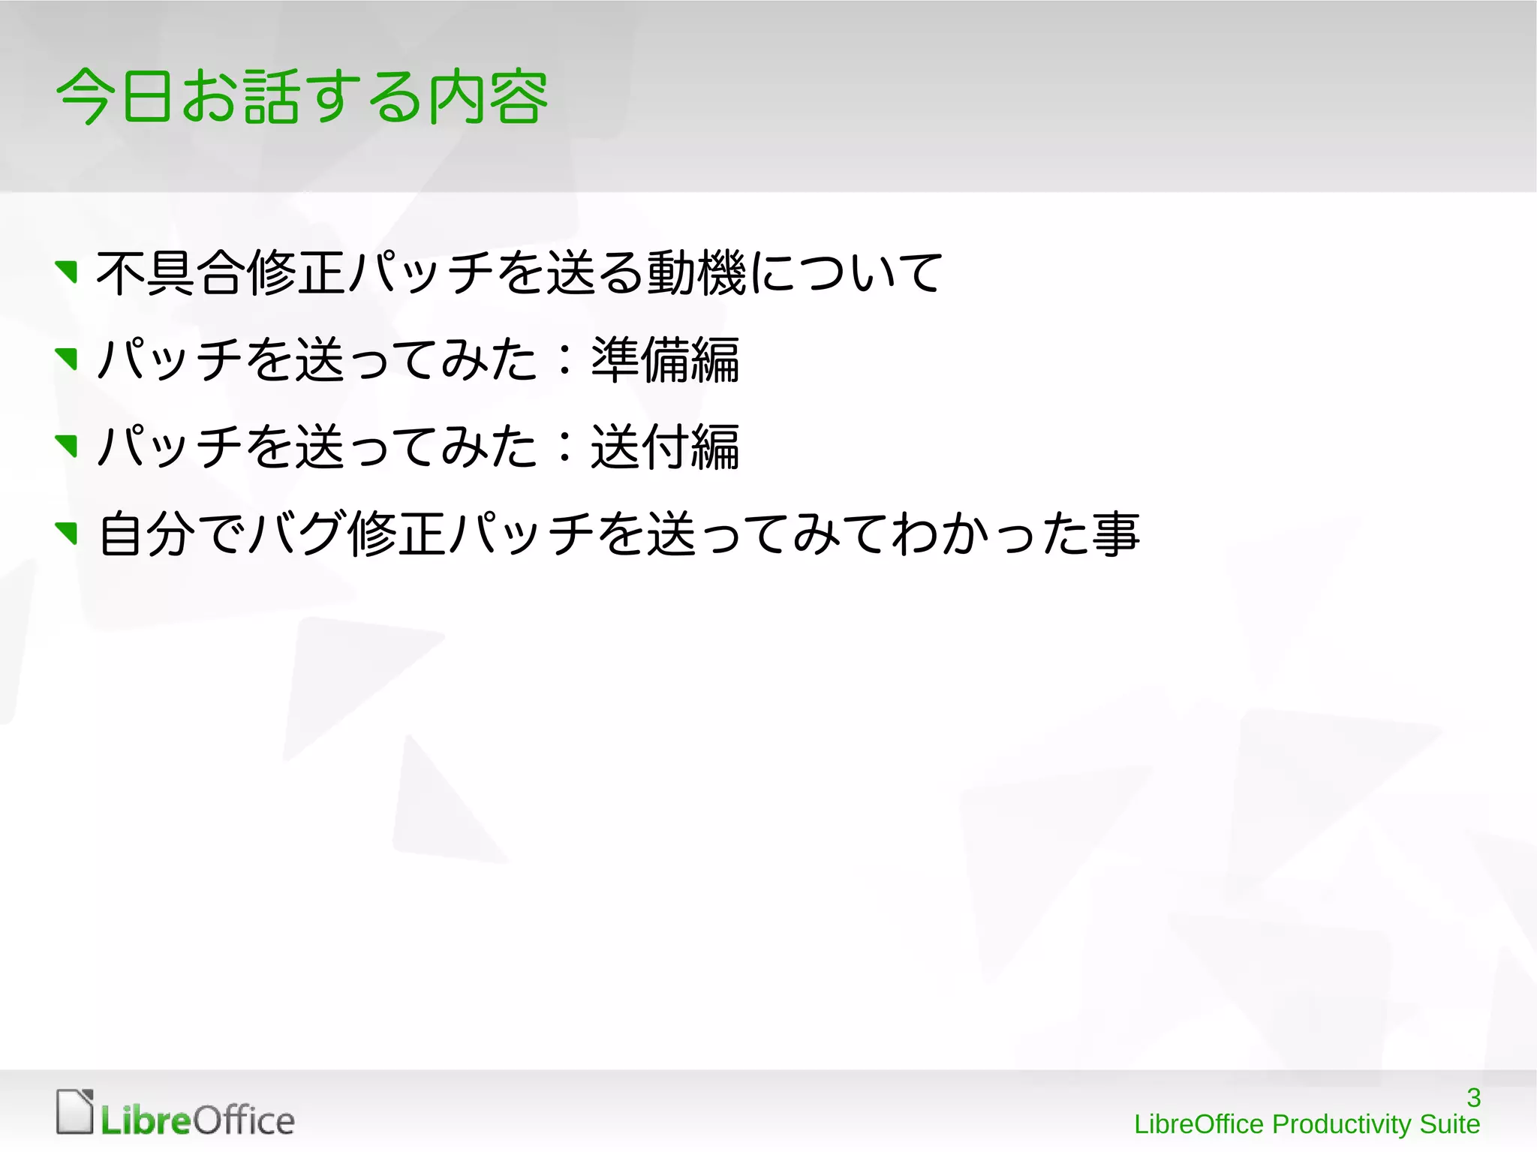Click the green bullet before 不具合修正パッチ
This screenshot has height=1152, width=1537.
click(68, 272)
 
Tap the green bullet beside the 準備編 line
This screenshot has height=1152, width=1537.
click(68, 359)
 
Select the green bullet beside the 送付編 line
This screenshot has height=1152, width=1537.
click(68, 446)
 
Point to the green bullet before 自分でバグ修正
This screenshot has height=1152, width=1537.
click(68, 534)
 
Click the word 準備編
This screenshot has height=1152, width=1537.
click(665, 360)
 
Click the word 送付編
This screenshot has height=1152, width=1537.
click(665, 447)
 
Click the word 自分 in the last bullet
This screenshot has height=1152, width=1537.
click(147, 534)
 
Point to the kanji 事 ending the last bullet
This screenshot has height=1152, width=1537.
click(1116, 534)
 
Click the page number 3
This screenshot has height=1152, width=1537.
click(1473, 1098)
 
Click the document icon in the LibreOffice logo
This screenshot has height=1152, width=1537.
click(75, 1111)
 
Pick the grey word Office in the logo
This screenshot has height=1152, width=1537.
click(244, 1120)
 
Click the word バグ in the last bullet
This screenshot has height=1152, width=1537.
click(297, 534)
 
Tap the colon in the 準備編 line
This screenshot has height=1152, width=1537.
click(565, 360)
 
